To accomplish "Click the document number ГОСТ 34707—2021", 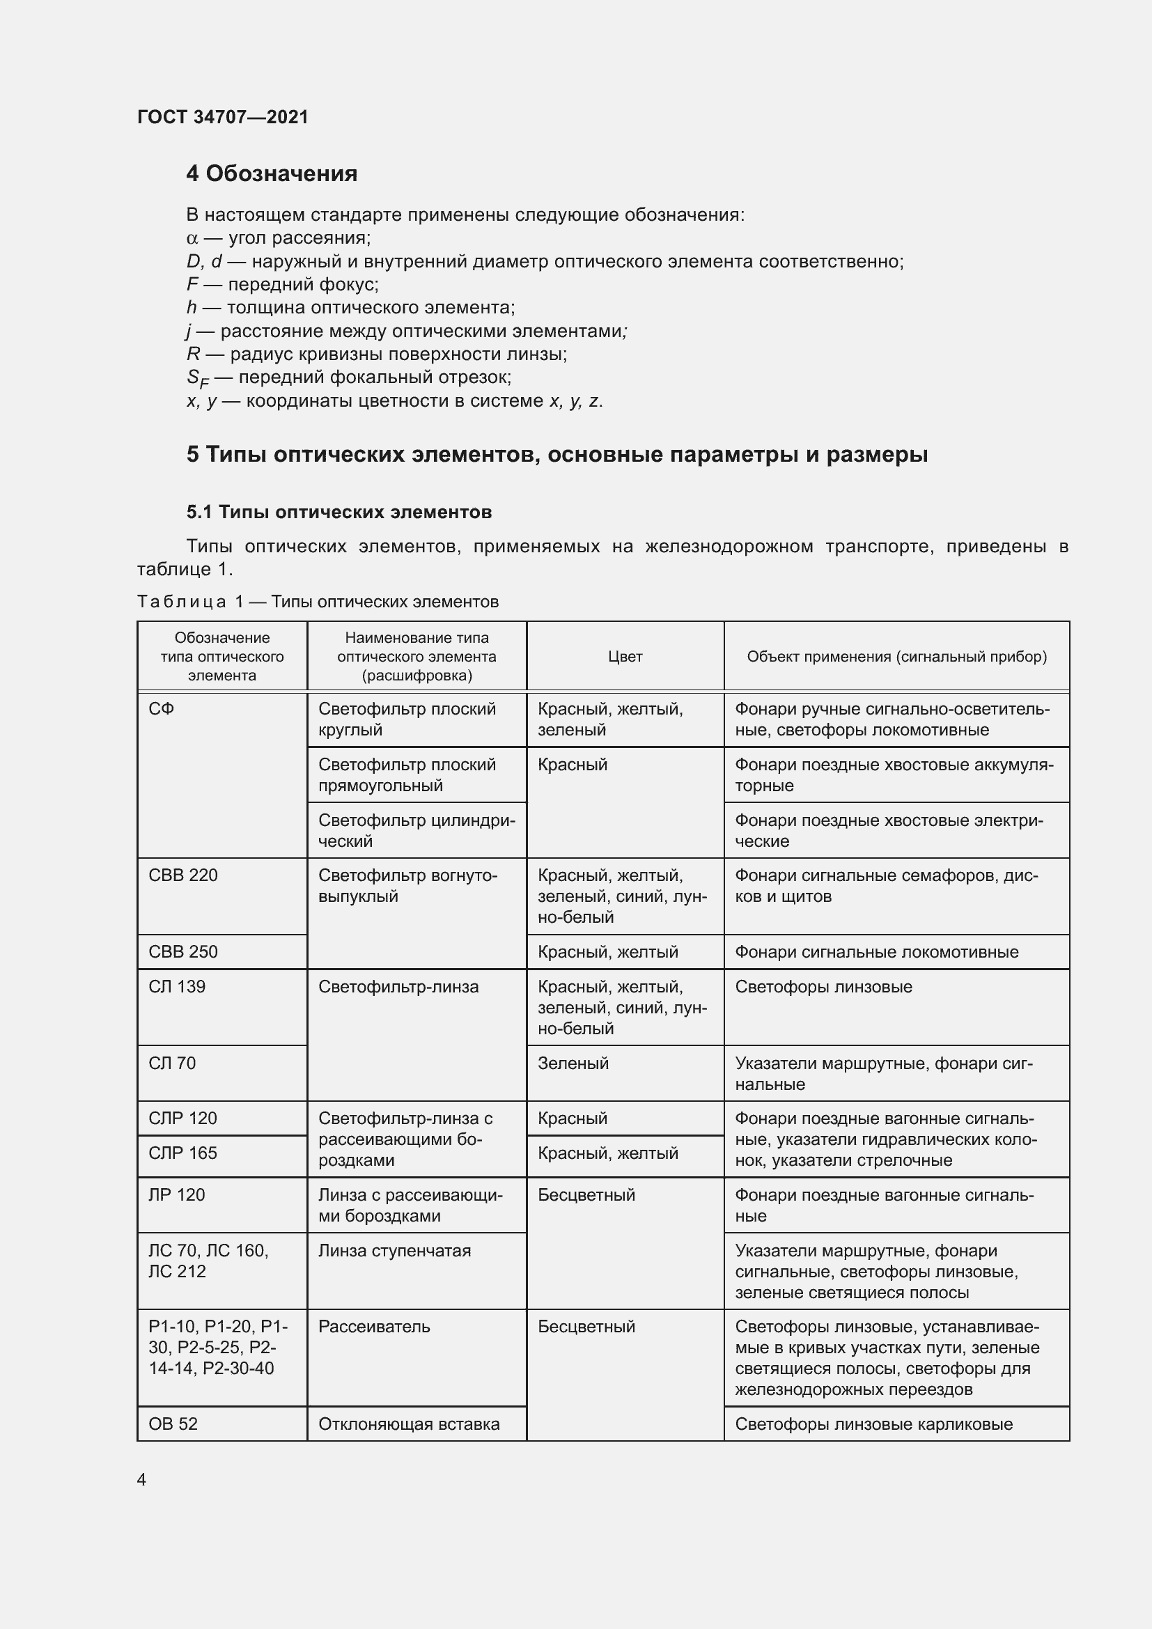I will point(223,117).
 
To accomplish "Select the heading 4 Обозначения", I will point(272,174).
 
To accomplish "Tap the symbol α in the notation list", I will point(192,238).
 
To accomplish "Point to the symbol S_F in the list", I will point(197,378).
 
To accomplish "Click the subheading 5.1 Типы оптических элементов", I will point(339,513).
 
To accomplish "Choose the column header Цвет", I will point(625,657).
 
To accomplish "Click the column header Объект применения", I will point(896,657).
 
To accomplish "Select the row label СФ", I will point(162,709).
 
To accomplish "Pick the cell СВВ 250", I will point(183,952).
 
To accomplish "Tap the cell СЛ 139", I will point(177,987).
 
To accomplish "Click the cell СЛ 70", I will point(172,1063).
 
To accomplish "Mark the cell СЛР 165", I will point(183,1153).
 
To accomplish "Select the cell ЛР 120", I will point(177,1195).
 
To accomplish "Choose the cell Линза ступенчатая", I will point(394,1251).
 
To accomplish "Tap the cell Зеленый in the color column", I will point(573,1063).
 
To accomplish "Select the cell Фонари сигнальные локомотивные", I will point(877,952).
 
